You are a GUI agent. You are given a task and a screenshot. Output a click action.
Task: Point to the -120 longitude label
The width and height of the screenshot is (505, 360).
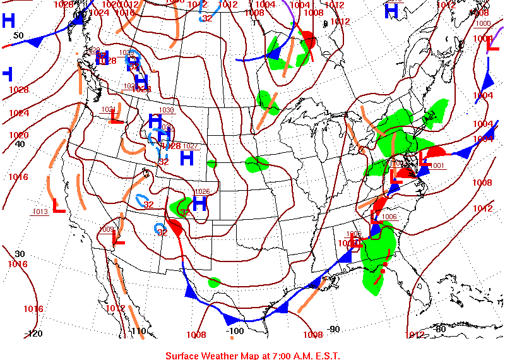(35, 333)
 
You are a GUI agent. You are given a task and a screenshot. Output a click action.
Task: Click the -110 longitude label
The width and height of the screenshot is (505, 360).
(138, 332)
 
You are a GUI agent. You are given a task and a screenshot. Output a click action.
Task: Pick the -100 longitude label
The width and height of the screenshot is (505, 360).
(234, 330)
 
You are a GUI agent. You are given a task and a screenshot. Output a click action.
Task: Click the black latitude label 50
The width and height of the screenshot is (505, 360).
(18, 36)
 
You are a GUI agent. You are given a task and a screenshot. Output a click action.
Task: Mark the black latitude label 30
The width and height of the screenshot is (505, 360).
(20, 254)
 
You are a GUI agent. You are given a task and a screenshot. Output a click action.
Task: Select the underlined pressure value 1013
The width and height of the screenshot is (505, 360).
(39, 212)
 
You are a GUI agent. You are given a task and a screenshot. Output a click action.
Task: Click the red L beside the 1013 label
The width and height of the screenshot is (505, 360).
(59, 206)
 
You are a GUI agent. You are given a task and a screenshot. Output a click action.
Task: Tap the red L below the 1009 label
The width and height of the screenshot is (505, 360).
(118, 239)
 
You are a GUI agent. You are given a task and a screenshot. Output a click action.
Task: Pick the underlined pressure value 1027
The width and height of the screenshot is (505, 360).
(190, 146)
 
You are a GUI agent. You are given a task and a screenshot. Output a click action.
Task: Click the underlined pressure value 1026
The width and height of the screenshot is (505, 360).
(201, 191)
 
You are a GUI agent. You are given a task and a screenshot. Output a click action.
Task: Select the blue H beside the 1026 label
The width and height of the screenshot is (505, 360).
(199, 203)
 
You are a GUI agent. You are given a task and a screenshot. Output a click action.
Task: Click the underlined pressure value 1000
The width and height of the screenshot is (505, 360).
(483, 23)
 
